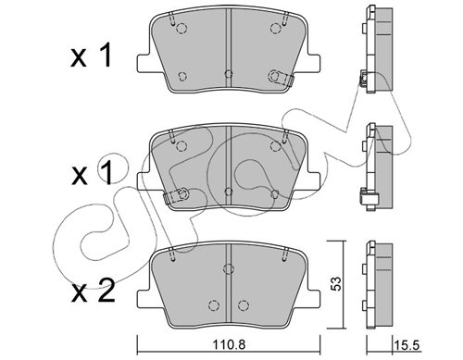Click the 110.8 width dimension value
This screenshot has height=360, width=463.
[229, 344]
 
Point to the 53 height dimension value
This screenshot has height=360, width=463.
[336, 283]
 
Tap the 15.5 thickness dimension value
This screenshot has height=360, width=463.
[407, 345]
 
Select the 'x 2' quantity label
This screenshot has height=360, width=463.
[93, 291]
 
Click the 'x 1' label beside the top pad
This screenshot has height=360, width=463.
[91, 56]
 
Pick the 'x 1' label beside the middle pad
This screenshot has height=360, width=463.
[92, 174]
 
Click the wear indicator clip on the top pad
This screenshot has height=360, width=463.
[281, 77]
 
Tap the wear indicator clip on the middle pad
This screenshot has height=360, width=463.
[176, 196]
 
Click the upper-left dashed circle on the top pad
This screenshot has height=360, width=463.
[181, 29]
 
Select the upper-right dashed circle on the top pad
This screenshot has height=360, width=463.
[276, 29]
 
